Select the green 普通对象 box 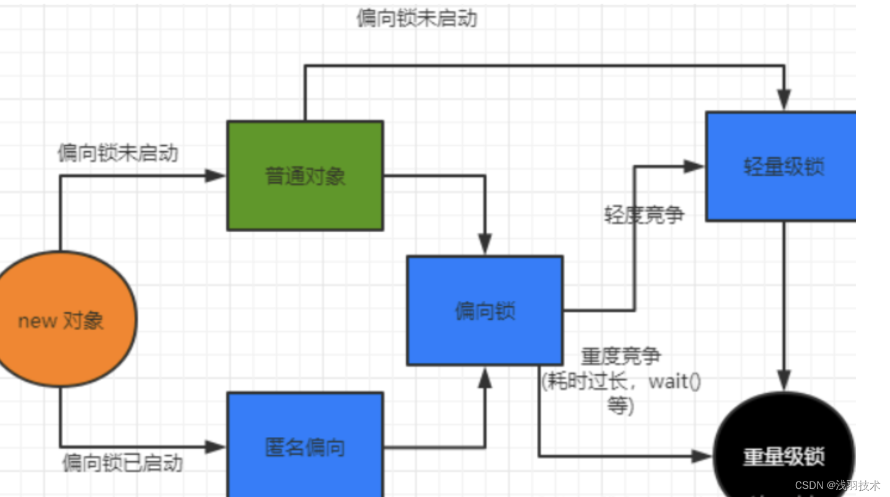[x=305, y=176]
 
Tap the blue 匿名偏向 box [x=305, y=446]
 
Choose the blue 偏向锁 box [x=485, y=310]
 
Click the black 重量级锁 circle [x=784, y=455]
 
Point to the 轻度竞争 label [x=644, y=214]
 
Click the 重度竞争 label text [x=620, y=356]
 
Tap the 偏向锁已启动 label [x=122, y=462]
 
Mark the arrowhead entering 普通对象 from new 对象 [x=216, y=176]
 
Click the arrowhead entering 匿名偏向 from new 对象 [x=216, y=446]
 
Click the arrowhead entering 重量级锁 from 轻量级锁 [x=784, y=380]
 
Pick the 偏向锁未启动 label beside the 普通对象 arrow [x=118, y=153]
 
